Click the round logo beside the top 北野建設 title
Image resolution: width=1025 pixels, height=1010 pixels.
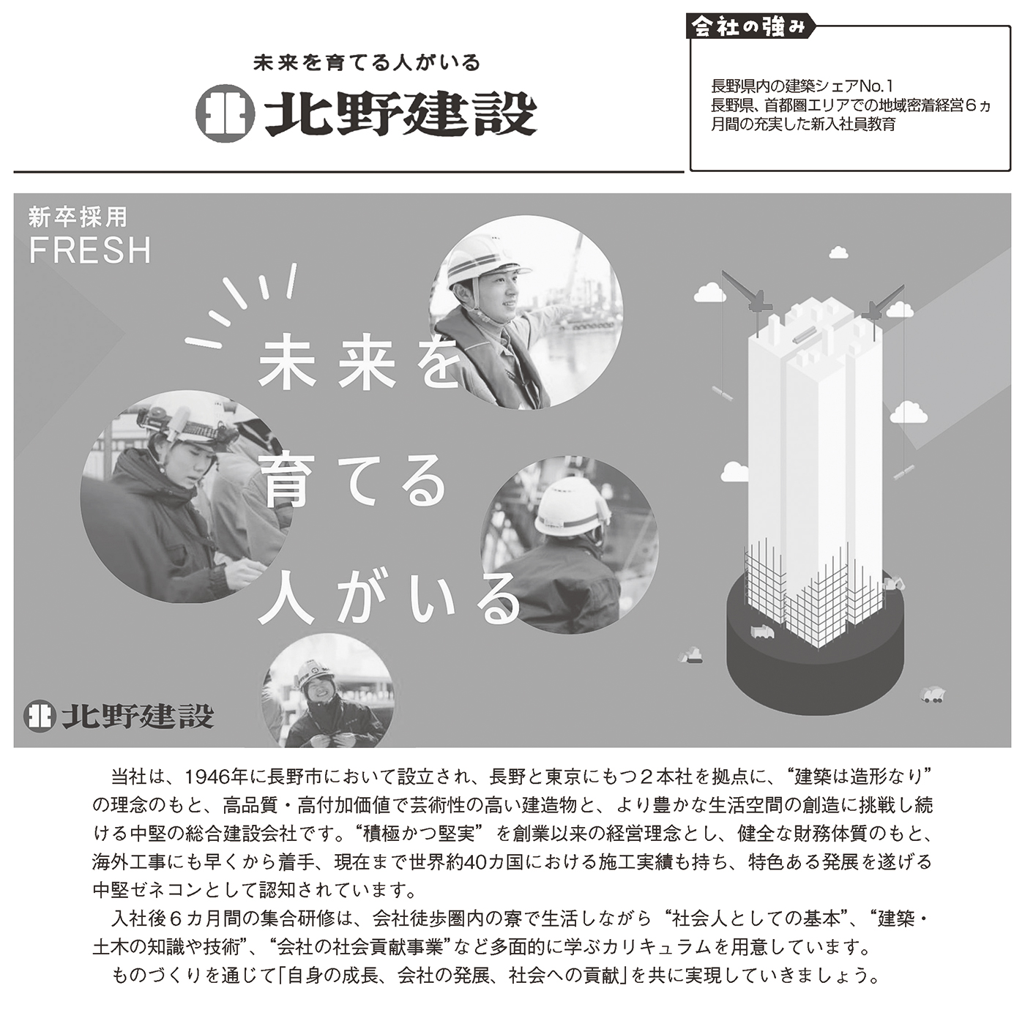(x=225, y=113)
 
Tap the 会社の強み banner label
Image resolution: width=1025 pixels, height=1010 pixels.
(x=750, y=26)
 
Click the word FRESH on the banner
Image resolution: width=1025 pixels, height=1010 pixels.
(x=91, y=250)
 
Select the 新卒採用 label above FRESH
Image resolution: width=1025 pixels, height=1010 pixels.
(x=78, y=217)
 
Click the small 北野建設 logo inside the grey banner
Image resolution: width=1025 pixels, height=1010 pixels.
(x=119, y=717)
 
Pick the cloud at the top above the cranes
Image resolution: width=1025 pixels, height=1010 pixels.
(x=838, y=252)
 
